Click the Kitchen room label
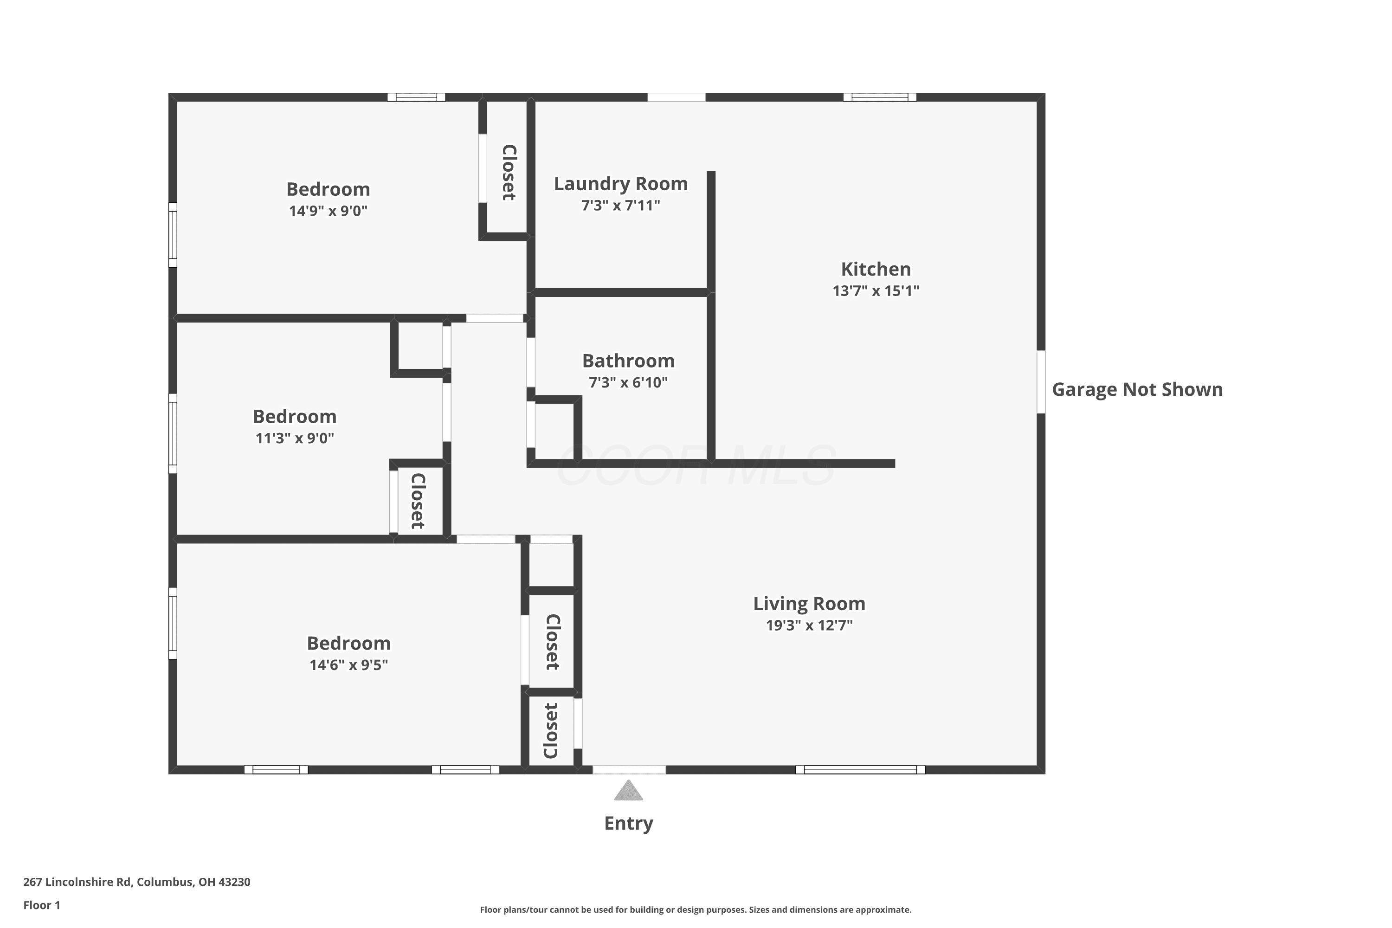[x=876, y=269]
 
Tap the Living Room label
[x=809, y=604]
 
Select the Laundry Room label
[x=621, y=184]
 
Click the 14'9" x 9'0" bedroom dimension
[x=329, y=211]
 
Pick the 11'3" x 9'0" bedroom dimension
[x=295, y=438]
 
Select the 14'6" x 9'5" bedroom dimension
[x=348, y=664]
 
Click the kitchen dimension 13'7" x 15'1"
[x=876, y=290]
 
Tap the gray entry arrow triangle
[x=629, y=790]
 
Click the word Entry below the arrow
[x=629, y=823]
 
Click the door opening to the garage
[x=1041, y=382]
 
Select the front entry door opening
[x=629, y=770]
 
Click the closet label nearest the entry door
[x=551, y=730]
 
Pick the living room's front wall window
[x=860, y=770]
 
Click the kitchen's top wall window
[x=880, y=97]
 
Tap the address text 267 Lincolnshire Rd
[x=77, y=882]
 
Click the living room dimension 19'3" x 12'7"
[x=809, y=625]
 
